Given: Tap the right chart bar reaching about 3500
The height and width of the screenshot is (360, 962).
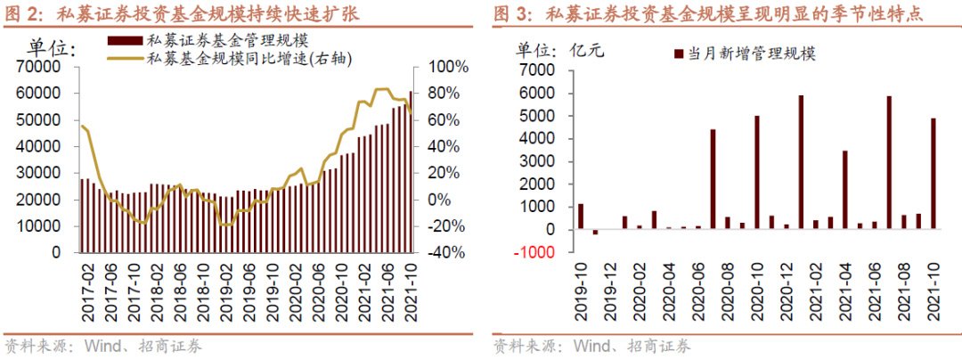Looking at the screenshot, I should click(844, 190).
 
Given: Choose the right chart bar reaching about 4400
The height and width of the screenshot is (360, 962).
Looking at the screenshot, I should click(713, 179).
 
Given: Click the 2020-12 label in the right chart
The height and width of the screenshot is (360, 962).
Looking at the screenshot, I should click(785, 285).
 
